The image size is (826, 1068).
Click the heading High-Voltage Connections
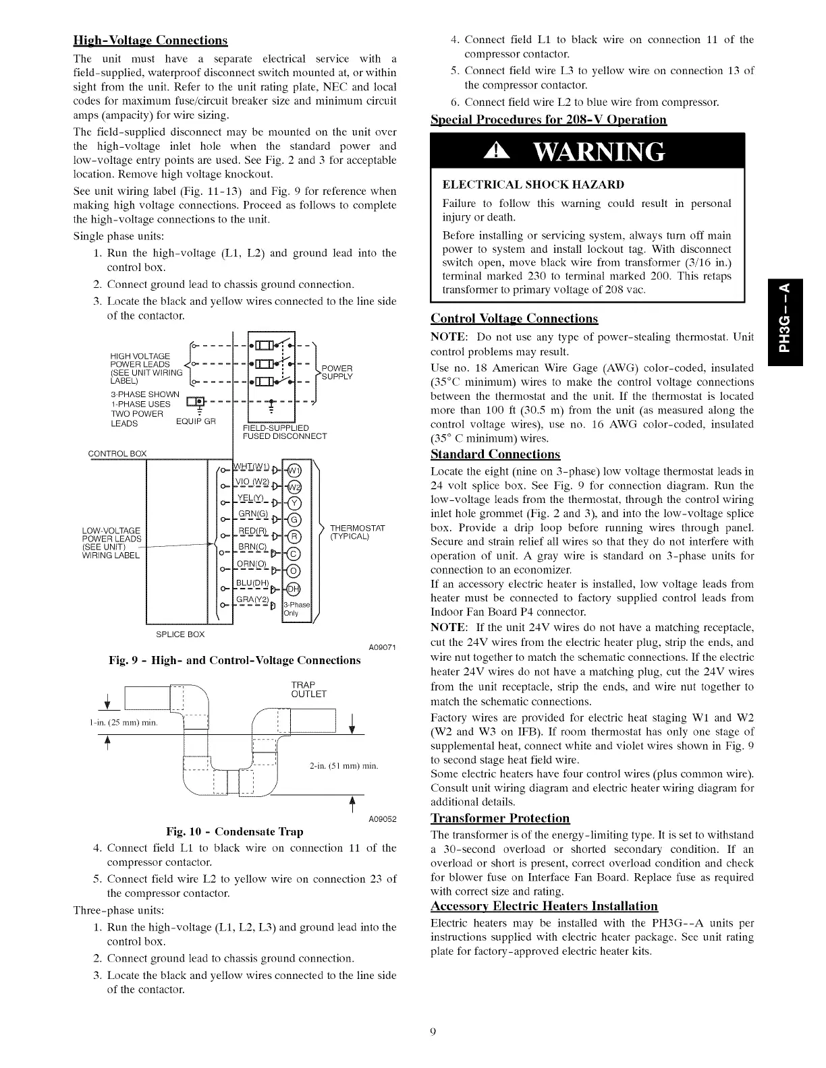[150, 40]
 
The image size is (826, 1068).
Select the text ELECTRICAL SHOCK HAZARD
[533, 185]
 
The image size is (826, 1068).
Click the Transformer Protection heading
[500, 819]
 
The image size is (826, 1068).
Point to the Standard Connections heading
[495, 454]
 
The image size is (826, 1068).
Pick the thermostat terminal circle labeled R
[294, 537]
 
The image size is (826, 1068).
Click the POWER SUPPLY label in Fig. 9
[337, 372]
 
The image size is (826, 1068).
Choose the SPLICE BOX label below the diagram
[180, 634]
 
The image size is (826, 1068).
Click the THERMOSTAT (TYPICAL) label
[357, 532]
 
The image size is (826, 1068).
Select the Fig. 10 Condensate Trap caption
[244, 831]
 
